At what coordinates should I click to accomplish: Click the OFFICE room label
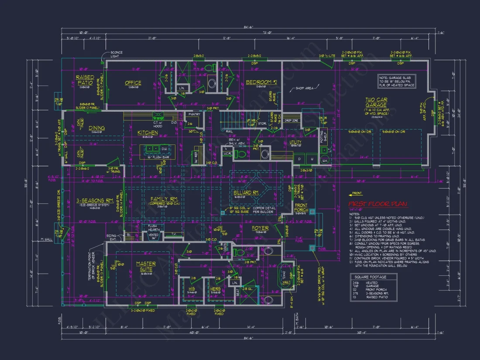(133, 83)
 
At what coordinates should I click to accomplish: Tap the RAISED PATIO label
(85, 80)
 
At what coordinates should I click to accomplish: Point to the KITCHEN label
(147, 133)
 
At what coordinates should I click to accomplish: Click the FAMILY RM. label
(161, 199)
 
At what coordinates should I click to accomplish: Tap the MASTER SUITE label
(146, 267)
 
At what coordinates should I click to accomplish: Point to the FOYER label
(260, 228)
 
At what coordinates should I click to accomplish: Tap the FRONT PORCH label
(301, 208)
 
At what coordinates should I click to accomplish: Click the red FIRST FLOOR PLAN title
(377, 204)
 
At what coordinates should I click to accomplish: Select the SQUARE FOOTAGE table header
(370, 277)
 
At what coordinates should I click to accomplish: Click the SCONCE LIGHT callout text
(116, 54)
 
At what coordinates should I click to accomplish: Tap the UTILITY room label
(295, 142)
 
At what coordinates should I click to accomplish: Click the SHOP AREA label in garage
(305, 89)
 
